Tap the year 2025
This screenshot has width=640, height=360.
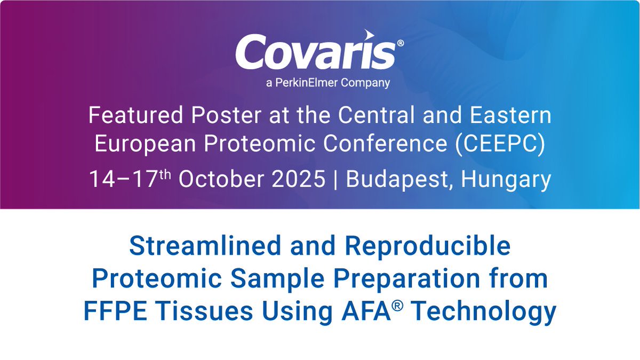click(x=297, y=180)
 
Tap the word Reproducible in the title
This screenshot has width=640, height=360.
click(x=427, y=246)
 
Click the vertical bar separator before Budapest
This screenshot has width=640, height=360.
click(x=335, y=180)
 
